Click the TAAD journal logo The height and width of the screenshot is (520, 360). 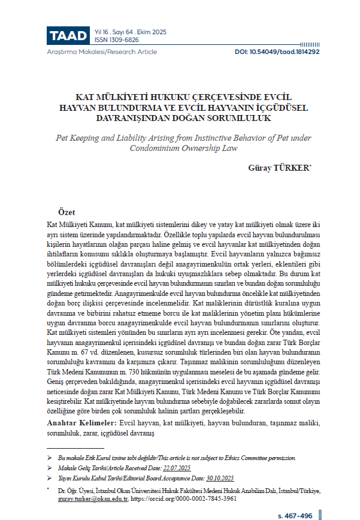click(68, 35)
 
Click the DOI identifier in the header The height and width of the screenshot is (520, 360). click(277, 52)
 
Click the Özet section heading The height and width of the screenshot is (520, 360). click(66, 213)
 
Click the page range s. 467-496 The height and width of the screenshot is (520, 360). click(296, 515)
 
